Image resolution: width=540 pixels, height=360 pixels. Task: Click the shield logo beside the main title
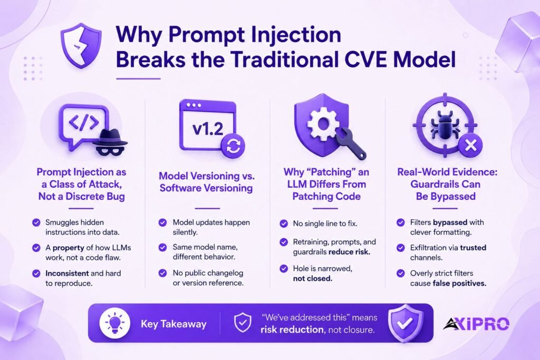click(81, 45)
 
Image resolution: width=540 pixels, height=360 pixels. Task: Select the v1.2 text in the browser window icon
click(208, 129)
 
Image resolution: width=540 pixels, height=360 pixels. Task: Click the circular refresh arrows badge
click(233, 147)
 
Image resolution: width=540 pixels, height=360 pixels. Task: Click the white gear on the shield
click(323, 123)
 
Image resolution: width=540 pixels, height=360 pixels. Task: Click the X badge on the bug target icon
click(470, 145)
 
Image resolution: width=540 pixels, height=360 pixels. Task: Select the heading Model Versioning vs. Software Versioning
click(206, 182)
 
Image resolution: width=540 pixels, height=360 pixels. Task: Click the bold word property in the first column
click(68, 248)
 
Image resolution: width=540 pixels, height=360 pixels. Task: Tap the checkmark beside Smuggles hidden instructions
click(36, 222)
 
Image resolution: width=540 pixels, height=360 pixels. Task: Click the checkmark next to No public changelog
click(162, 273)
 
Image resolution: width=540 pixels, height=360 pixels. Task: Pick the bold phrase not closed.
click(313, 278)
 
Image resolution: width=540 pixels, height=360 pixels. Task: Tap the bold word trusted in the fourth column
click(473, 247)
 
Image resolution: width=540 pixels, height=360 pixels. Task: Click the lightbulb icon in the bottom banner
click(114, 324)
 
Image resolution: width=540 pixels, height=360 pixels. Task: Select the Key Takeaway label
click(173, 324)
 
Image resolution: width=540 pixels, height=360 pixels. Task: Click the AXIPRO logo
click(476, 324)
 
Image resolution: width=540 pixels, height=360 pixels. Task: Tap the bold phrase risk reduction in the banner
click(292, 330)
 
